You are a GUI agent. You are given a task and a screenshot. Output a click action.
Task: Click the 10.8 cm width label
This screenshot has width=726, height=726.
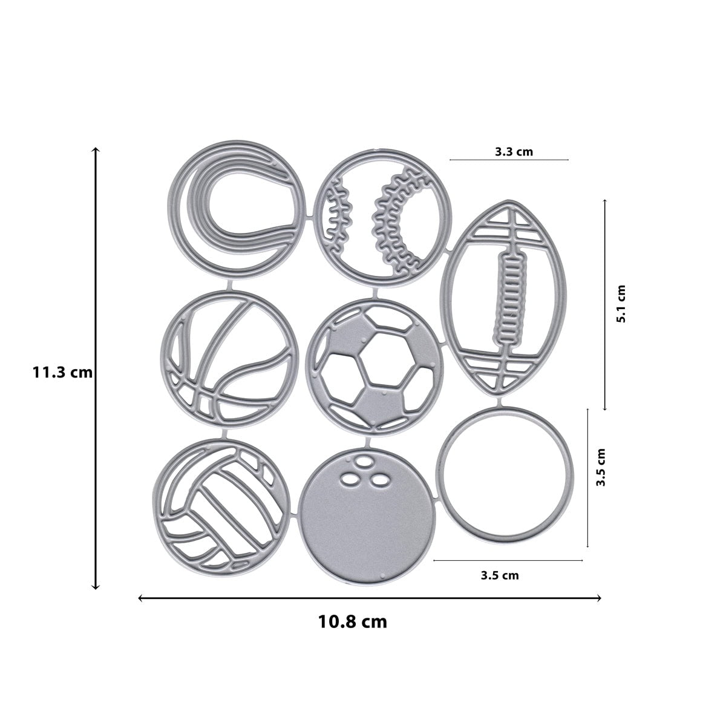click(x=352, y=621)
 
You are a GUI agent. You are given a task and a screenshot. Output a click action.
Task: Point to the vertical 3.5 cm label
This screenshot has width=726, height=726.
click(x=601, y=467)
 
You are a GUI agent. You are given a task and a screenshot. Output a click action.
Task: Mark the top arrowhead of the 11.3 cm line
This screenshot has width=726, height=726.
click(x=95, y=149)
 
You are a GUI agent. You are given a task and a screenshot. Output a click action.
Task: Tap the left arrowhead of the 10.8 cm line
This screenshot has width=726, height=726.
click(x=141, y=598)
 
